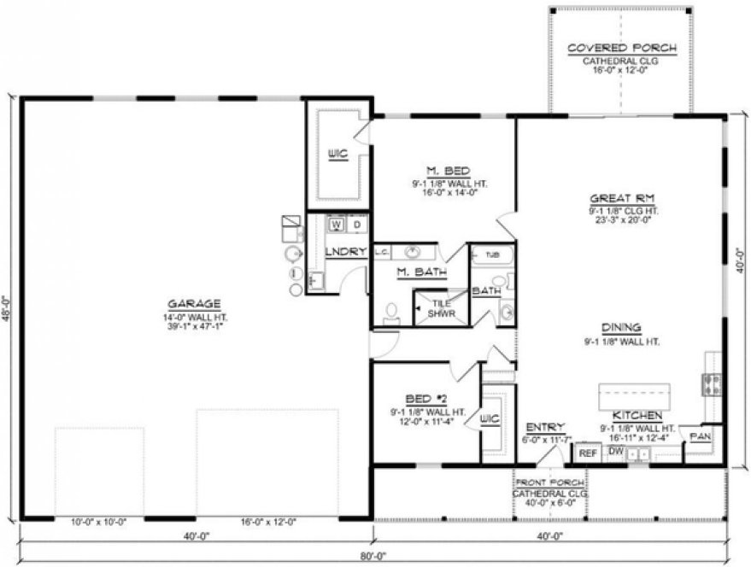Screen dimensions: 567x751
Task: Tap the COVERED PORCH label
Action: [622, 49]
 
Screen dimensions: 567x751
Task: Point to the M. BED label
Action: [443, 170]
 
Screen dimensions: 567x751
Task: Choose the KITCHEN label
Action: [637, 414]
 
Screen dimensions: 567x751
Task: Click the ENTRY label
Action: [543, 427]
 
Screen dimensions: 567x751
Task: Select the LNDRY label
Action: [347, 251]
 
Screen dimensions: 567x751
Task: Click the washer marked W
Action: [336, 225]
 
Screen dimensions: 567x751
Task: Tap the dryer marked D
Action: [357, 225]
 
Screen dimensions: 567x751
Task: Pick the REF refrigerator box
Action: [587, 454]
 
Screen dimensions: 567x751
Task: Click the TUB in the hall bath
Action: [492, 255]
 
